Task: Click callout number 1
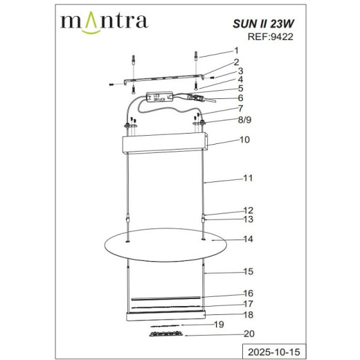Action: (x=236, y=51)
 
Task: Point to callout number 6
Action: (x=240, y=98)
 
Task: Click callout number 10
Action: (x=243, y=139)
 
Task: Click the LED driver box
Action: (x=161, y=98)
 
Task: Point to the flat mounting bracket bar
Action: (x=164, y=80)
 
